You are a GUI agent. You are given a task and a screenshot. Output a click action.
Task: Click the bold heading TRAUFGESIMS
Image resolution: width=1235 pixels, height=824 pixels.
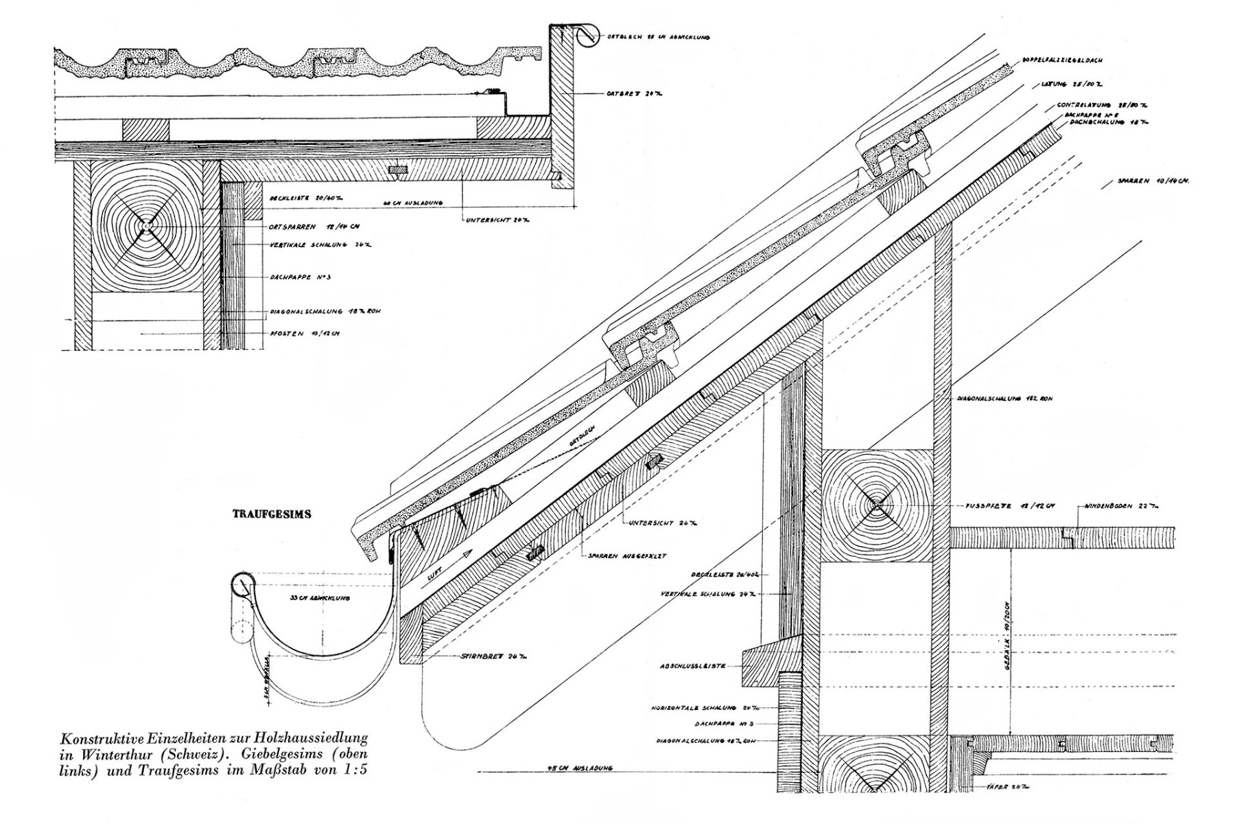tap(272, 514)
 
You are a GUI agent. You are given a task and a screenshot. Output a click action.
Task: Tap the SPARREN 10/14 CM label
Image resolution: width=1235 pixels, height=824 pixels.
tap(1153, 181)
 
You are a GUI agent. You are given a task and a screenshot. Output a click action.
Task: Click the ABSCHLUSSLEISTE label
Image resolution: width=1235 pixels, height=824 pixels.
tap(692, 666)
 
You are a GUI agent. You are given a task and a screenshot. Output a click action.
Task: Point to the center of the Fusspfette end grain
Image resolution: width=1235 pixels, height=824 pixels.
tap(876, 506)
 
